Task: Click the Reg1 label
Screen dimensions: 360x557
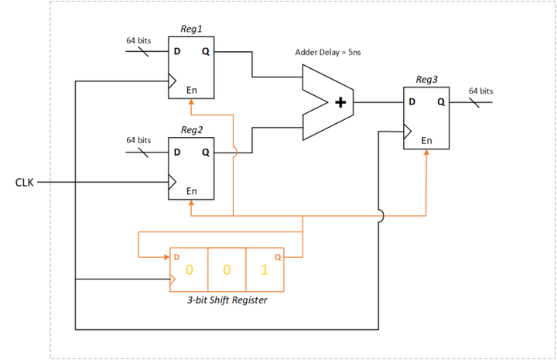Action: pos(192,29)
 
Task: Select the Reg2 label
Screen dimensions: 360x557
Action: pos(192,129)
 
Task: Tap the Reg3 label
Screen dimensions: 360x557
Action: pos(426,79)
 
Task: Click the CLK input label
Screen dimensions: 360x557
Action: pos(25,183)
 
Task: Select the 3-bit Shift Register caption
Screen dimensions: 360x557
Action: pos(227,300)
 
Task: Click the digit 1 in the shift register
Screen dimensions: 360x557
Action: pos(265,270)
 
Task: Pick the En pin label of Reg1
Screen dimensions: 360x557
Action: pos(192,91)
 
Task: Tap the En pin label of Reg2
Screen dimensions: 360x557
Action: pos(192,190)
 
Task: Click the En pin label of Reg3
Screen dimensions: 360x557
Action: pos(426,141)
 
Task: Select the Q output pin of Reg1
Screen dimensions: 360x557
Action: pos(205,53)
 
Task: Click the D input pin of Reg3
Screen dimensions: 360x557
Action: pos(412,102)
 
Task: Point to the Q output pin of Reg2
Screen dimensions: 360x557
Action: pos(205,153)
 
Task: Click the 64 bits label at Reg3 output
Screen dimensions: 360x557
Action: pos(480,91)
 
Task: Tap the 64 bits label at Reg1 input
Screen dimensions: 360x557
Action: pos(138,40)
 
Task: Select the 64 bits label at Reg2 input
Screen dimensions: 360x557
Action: pos(138,140)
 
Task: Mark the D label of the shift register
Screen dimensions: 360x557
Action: pos(176,256)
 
